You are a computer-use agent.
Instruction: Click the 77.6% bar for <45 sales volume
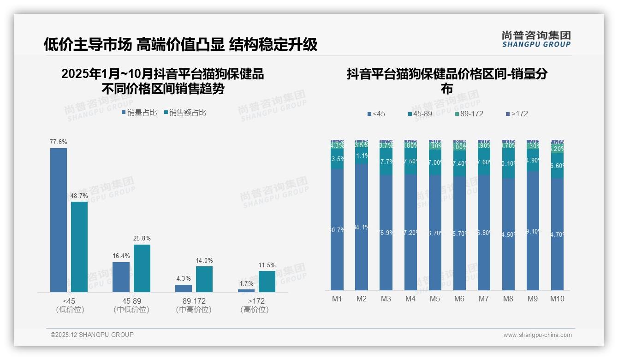(x=59, y=220)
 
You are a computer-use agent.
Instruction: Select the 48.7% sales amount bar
(x=79, y=246)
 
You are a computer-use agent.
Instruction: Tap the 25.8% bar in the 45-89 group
(x=142, y=268)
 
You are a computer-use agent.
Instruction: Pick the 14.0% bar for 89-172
(x=204, y=279)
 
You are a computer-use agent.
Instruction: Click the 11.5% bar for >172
(x=267, y=282)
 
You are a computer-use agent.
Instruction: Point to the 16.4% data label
(x=121, y=256)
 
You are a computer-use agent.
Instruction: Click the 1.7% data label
(x=246, y=283)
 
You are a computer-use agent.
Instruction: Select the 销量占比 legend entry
(x=139, y=112)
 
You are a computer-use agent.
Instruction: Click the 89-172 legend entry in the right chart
(x=469, y=114)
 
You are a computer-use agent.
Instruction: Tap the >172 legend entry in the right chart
(x=517, y=114)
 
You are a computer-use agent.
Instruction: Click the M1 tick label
(x=337, y=299)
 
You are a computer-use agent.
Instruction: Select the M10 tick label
(x=557, y=299)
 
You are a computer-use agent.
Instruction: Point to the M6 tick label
(x=459, y=299)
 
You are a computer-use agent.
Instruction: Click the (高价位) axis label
(x=255, y=310)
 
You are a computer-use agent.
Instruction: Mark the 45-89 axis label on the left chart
(x=131, y=301)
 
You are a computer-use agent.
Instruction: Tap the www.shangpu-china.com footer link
(x=537, y=335)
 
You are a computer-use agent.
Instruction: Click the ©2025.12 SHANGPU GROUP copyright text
(x=92, y=335)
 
